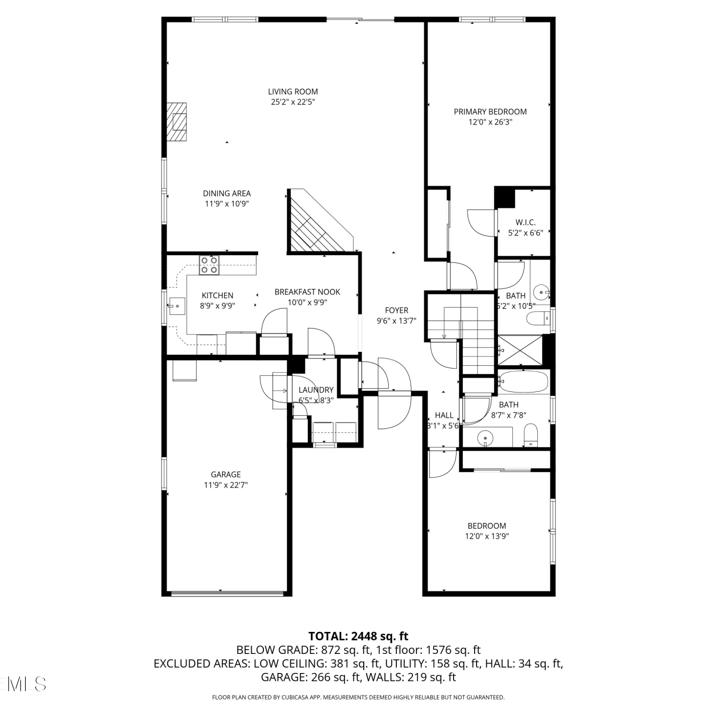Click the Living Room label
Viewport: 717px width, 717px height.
pyautogui.click(x=293, y=91)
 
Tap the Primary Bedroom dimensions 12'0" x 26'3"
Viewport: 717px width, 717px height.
pyautogui.click(x=490, y=122)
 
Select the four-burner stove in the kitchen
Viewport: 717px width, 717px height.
pyautogui.click(x=209, y=265)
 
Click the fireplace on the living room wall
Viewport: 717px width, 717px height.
pyautogui.click(x=176, y=122)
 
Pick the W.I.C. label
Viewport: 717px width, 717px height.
pyautogui.click(x=525, y=222)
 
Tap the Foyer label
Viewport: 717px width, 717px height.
pyautogui.click(x=396, y=310)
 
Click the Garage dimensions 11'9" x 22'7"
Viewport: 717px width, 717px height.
pyautogui.click(x=226, y=485)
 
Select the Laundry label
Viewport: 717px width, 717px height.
pyautogui.click(x=316, y=390)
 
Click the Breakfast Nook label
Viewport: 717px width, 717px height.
pyautogui.click(x=307, y=292)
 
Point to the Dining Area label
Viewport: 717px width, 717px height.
pyautogui.click(x=227, y=193)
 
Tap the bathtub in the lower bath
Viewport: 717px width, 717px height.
pyautogui.click(x=523, y=381)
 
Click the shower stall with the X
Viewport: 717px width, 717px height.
pyautogui.click(x=520, y=350)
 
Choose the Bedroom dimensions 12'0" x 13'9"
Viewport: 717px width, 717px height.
pyautogui.click(x=487, y=536)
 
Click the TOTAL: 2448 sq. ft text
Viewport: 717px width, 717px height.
pyautogui.click(x=358, y=636)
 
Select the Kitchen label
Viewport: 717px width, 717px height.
pyautogui.click(x=217, y=295)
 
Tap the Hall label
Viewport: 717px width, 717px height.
pyautogui.click(x=444, y=415)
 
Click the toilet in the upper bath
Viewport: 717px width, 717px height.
pyautogui.click(x=537, y=318)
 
